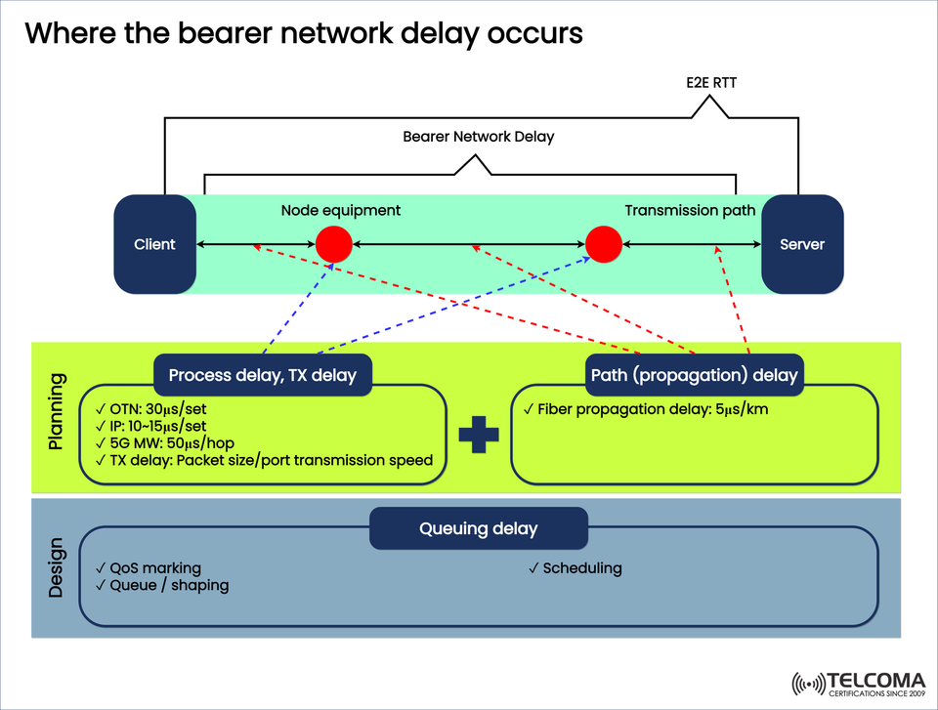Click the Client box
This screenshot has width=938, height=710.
pos(154,244)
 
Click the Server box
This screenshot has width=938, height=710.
pos(802,244)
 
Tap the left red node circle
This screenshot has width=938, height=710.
pos(334,244)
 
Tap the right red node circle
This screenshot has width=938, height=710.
pos(604,244)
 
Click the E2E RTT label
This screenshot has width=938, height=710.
pos(711,83)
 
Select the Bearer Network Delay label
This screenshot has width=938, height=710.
pos(479,137)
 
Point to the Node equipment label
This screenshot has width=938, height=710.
pos(341,210)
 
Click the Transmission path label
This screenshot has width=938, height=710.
pos(690,210)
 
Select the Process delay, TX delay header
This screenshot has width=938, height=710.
pos(263,375)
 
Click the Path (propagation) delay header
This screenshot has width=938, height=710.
pos(695,375)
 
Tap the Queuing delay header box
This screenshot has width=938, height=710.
pos(479,528)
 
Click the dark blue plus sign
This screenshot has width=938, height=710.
pos(479,434)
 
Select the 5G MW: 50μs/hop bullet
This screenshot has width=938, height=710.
pos(165,442)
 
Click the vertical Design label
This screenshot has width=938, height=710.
pos(57,567)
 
